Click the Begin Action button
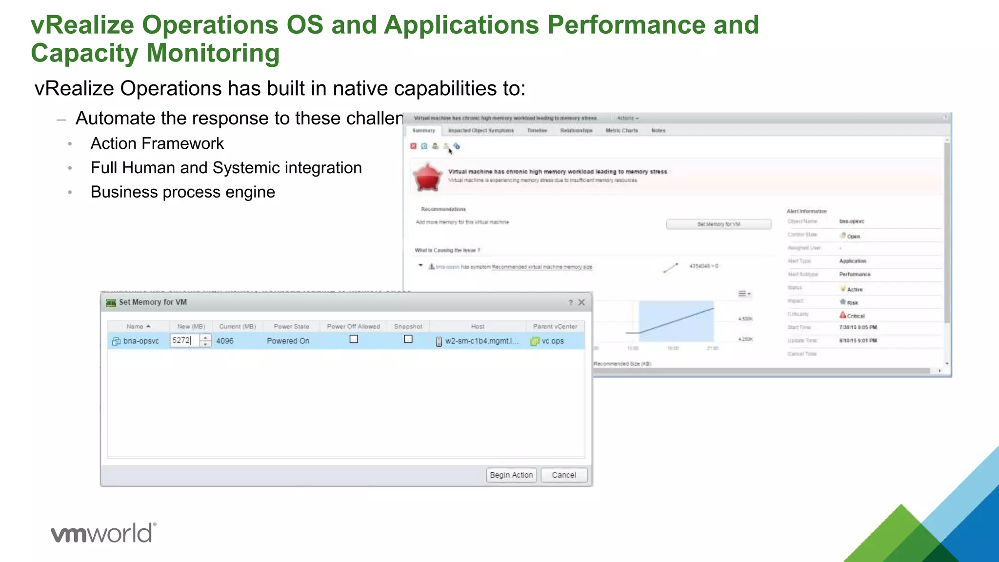coord(511,475)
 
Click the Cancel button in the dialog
coord(563,475)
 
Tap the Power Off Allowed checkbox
coord(354,339)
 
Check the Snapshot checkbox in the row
coord(408,339)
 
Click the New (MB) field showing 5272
coord(184,341)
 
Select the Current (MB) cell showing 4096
coord(225,341)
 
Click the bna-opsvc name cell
coord(140,341)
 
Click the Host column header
coord(478,326)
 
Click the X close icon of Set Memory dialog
coord(581,302)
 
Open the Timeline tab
coord(537,131)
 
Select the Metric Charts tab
coord(621,131)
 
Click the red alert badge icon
coord(427,177)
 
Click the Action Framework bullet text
coord(157,143)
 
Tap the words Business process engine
coord(182,192)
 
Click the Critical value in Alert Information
coord(855,316)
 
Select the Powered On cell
coord(288,341)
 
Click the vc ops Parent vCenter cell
coord(552,341)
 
